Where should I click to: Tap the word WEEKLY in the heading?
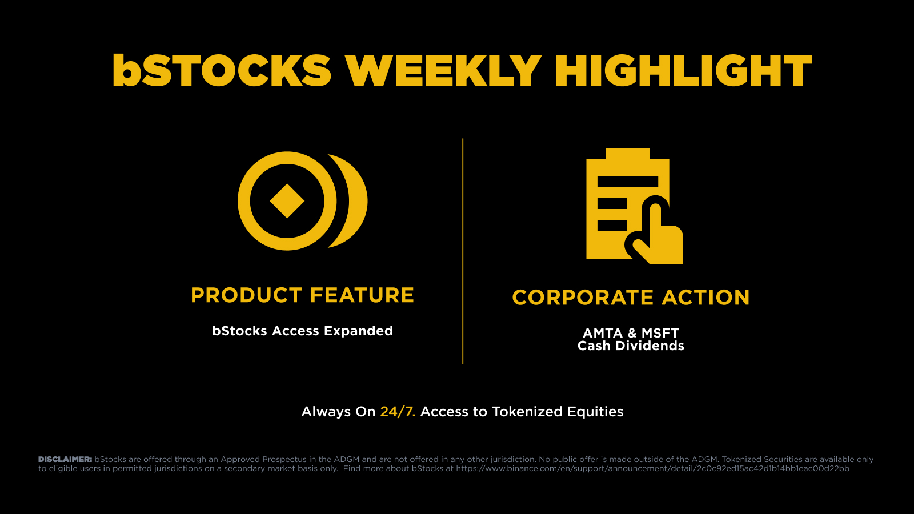pyautogui.click(x=443, y=70)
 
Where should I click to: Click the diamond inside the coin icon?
pyautogui.click(x=287, y=201)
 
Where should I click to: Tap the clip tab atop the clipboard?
pyautogui.click(x=628, y=154)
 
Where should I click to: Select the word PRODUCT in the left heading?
pyautogui.click(x=246, y=295)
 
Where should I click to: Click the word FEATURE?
pyautogui.click(x=362, y=295)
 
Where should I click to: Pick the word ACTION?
pyautogui.click(x=706, y=298)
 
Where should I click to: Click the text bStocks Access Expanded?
pyautogui.click(x=302, y=331)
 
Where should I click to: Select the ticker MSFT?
pyautogui.click(x=660, y=334)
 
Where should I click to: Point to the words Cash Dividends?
pyautogui.click(x=631, y=346)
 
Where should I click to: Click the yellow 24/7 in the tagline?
pyautogui.click(x=398, y=412)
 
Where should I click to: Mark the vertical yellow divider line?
pyautogui.click(x=463, y=251)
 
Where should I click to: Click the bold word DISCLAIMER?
pyautogui.click(x=65, y=459)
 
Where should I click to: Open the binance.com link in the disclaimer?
pyautogui.click(x=653, y=469)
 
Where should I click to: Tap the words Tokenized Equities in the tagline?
pyautogui.click(x=558, y=412)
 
